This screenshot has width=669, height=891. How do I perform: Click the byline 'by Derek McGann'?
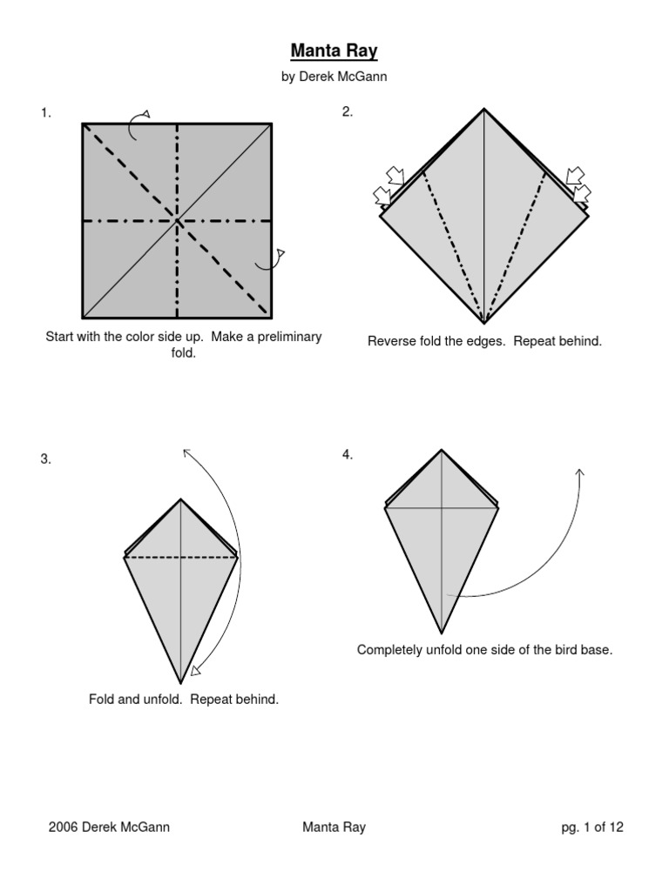334,77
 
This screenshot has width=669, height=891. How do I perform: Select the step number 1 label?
45,112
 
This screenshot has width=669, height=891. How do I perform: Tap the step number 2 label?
348,111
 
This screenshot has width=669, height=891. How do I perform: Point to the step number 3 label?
45,459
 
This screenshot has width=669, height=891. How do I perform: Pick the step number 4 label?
348,455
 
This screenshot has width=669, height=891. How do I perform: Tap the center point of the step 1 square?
178,221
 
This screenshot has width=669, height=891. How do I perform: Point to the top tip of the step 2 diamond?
484,109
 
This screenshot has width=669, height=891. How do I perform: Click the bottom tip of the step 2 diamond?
484,323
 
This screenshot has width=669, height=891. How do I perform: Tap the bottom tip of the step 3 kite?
181,683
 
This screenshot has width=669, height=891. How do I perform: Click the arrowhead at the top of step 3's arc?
185,451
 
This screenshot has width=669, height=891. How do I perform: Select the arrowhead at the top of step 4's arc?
580,472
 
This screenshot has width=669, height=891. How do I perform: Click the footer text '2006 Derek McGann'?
109,827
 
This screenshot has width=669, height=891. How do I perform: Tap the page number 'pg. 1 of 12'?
592,827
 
